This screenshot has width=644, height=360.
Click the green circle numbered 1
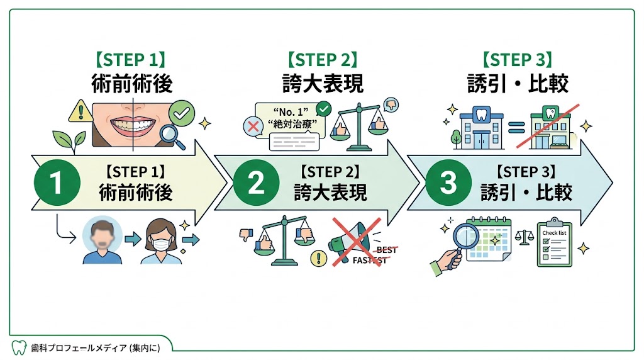tap(57, 183)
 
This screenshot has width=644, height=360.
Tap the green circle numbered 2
tap(255, 183)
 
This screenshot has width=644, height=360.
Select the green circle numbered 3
tap(448, 183)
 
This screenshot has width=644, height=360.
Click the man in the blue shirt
tap(101, 242)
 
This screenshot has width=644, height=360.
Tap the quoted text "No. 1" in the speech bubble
tap(289, 113)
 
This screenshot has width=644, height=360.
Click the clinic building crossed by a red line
tap(548, 128)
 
